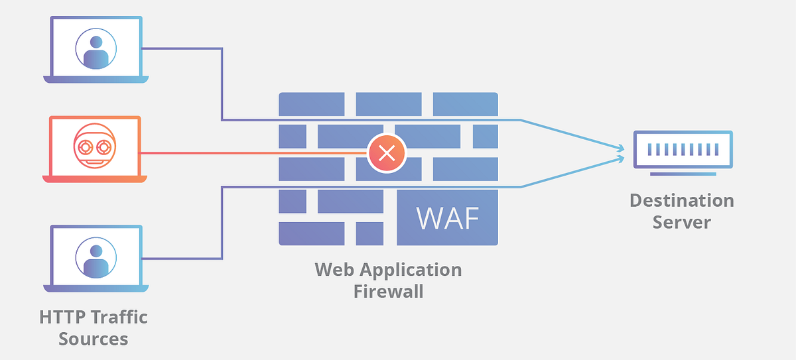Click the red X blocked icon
pyautogui.click(x=387, y=154)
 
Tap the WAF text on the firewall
pyautogui.click(x=447, y=218)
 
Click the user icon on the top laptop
pyautogui.click(x=96, y=48)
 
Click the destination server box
pyautogui.click(x=683, y=149)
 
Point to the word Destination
pyautogui.click(x=682, y=200)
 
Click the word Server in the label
pyautogui.click(x=682, y=222)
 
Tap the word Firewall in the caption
pyautogui.click(x=388, y=291)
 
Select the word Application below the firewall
pyautogui.click(x=411, y=270)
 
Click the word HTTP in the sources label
pyautogui.click(x=63, y=318)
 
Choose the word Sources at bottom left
pyautogui.click(x=93, y=339)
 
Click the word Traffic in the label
pyautogui.click(x=119, y=318)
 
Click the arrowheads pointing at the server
pyautogui.click(x=620, y=154)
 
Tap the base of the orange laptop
pyautogui.click(x=95, y=179)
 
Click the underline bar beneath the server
pyautogui.click(x=683, y=174)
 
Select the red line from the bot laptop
pyautogui.click(x=252, y=153)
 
